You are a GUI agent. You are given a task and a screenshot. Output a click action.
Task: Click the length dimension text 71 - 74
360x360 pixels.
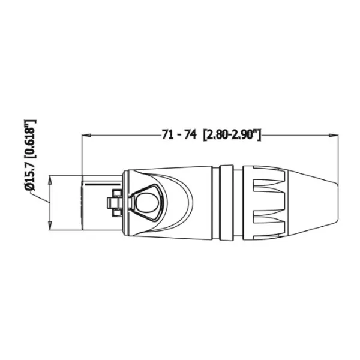click(x=179, y=135)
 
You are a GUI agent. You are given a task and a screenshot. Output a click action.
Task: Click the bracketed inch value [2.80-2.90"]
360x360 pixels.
click(x=231, y=135)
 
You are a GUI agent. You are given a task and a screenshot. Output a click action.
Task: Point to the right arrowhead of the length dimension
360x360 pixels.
click(x=333, y=135)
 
